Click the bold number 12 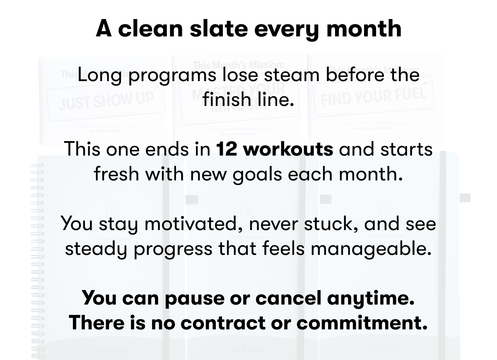click(226, 149)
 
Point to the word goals click(256, 174)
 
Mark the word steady click(93, 249)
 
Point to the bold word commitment click(362, 322)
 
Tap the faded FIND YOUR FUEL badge click(373, 96)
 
